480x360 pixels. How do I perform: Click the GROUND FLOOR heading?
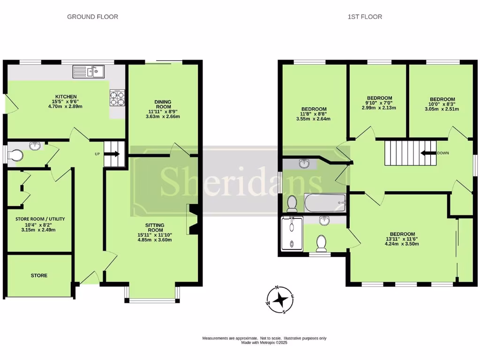tap(92, 17)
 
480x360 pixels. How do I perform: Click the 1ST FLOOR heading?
tap(365, 17)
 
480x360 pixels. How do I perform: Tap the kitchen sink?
tap(89, 72)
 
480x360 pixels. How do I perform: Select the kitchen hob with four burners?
tap(117, 97)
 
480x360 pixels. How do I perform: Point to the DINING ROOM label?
tap(163, 105)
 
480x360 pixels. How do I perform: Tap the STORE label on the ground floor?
tap(39, 276)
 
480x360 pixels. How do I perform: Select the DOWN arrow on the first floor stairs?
tap(427, 153)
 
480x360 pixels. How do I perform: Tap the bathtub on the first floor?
tap(325, 203)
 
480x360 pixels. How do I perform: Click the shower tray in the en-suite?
tap(291, 233)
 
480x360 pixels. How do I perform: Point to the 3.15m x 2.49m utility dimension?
tap(40, 230)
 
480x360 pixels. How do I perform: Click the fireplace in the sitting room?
tap(192, 219)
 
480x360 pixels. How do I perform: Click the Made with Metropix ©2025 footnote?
tap(264, 343)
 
